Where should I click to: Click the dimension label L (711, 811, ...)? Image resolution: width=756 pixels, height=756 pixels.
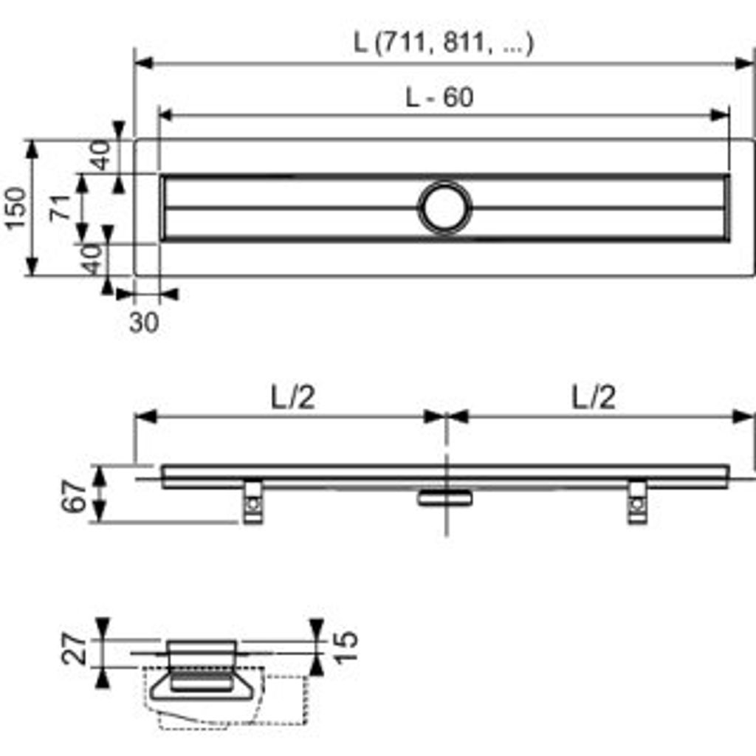[x=444, y=44]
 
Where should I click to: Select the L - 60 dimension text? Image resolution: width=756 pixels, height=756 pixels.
[x=439, y=97]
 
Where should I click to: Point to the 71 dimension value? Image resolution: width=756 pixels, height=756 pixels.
[x=61, y=208]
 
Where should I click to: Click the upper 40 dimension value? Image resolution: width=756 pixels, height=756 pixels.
[x=100, y=155]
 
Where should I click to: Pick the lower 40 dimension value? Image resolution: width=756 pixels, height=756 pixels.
[x=92, y=259]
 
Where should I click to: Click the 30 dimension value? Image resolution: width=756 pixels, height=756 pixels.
[x=144, y=323]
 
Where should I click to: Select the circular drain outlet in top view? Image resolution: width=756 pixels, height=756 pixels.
[x=444, y=207]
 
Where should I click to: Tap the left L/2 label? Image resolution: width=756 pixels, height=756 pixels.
[x=292, y=398]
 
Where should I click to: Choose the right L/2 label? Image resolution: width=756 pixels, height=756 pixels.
[x=594, y=398]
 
